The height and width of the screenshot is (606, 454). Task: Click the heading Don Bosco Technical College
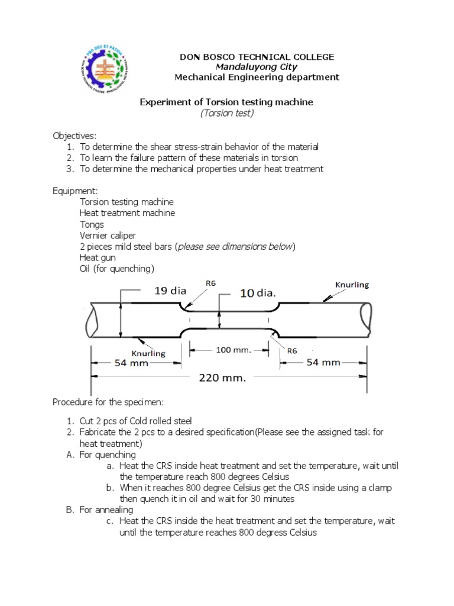pyautogui.click(x=257, y=57)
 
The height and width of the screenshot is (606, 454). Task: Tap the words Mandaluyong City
pyautogui.click(x=256, y=67)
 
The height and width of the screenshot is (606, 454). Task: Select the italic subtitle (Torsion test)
pyautogui.click(x=227, y=113)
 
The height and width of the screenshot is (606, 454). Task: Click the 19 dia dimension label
pyautogui.click(x=170, y=291)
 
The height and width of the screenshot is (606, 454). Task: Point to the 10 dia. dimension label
pyautogui.click(x=258, y=292)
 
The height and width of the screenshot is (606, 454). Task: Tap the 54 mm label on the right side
pyautogui.click(x=323, y=362)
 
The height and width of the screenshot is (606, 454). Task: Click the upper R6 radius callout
pyautogui.click(x=210, y=283)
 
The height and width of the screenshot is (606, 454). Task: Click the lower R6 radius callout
pyautogui.click(x=291, y=350)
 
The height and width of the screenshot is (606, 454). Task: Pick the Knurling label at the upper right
pyautogui.click(x=352, y=285)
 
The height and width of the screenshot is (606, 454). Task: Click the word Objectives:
pyautogui.click(x=74, y=136)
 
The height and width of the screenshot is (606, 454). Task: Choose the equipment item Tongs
pyautogui.click(x=92, y=224)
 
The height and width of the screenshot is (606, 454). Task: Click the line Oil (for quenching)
pyautogui.click(x=116, y=269)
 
